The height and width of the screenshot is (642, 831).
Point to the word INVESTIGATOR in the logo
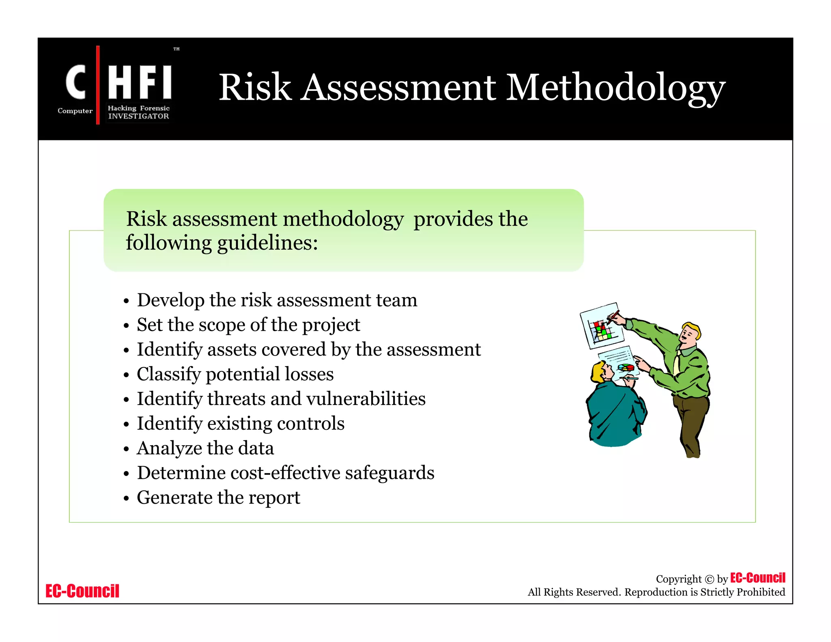pos(138,116)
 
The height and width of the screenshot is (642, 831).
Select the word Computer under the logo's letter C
pos(75,111)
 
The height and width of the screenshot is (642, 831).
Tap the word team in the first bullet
pos(396,300)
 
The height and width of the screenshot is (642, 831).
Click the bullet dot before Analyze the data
pos(126,449)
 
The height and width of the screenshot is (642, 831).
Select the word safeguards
pos(390,473)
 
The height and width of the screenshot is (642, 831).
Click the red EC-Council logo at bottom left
pos(82,591)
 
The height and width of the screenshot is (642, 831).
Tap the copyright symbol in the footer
pos(709,579)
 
